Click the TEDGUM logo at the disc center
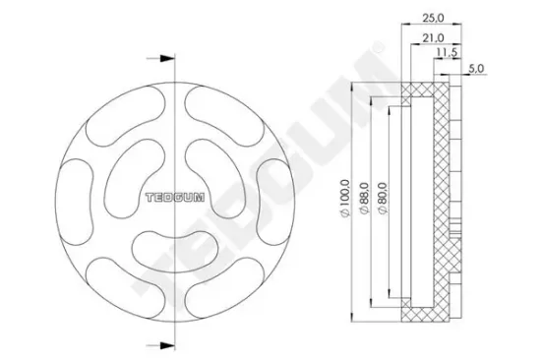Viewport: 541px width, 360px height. [x=173, y=197]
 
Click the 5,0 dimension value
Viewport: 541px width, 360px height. [x=478, y=69]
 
